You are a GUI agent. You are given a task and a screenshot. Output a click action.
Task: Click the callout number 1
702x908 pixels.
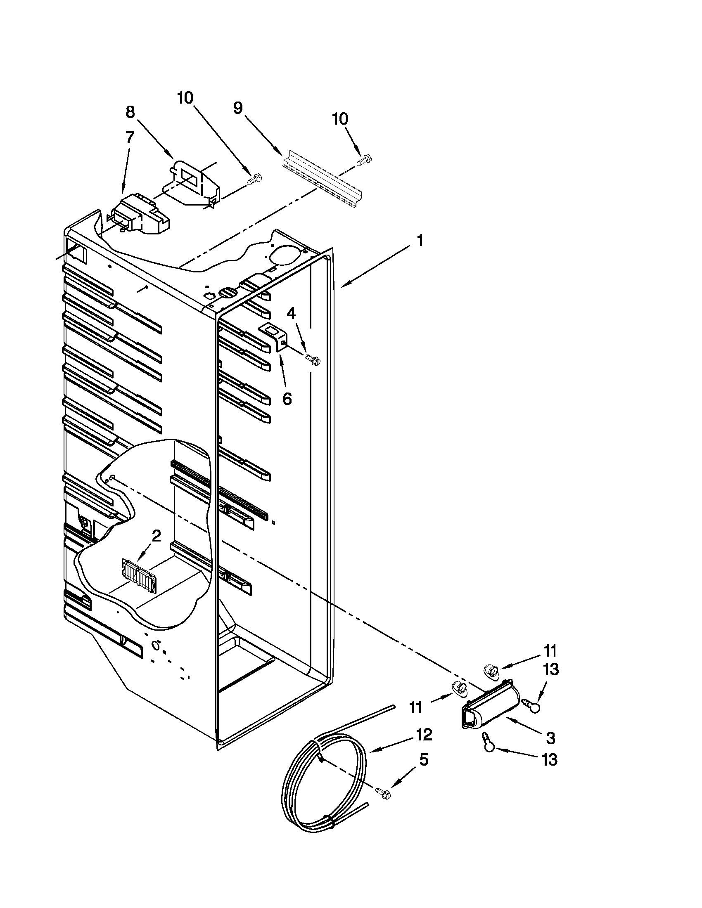pos(420,241)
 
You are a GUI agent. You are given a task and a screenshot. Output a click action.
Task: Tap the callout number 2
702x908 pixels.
pos(156,536)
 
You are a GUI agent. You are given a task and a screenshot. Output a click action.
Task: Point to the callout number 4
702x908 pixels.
pos(292,314)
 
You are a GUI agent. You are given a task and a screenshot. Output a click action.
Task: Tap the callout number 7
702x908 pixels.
pos(130,137)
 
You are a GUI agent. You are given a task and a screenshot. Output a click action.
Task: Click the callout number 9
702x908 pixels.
pos(237,108)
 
